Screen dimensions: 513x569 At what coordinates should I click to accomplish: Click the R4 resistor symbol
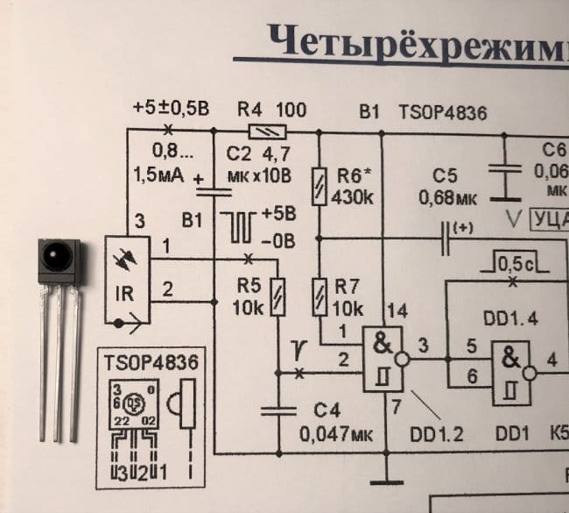265,132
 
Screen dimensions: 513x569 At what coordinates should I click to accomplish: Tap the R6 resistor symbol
319,186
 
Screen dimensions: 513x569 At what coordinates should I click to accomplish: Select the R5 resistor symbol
277,296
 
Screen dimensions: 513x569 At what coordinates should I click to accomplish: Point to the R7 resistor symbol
319,296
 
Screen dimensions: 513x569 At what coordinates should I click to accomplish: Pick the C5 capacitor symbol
503,181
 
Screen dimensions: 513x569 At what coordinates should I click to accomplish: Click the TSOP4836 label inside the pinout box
151,362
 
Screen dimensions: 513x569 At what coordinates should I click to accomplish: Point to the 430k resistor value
353,197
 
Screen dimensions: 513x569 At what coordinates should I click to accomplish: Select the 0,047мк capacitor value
336,433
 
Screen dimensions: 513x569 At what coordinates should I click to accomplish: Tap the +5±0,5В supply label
172,110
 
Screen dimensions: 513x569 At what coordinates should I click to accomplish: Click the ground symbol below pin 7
382,480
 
